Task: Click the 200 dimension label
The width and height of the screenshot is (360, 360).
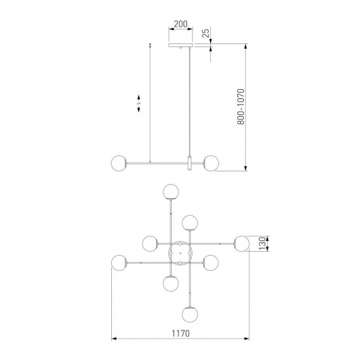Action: tap(180, 24)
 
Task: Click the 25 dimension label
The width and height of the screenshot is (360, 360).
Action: tap(206, 33)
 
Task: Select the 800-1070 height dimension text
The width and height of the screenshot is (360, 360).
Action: tap(241, 107)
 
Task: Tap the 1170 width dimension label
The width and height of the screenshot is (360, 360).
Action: tap(181, 333)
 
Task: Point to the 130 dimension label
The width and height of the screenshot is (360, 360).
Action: tap(262, 244)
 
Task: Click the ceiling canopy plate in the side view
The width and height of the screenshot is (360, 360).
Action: tap(180, 45)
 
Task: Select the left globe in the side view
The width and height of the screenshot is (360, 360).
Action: tap(119, 163)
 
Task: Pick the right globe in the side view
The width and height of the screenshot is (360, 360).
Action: tap(211, 163)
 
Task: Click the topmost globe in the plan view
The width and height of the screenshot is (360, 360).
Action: tap(171, 192)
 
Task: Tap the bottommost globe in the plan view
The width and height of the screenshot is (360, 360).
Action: tap(190, 314)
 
